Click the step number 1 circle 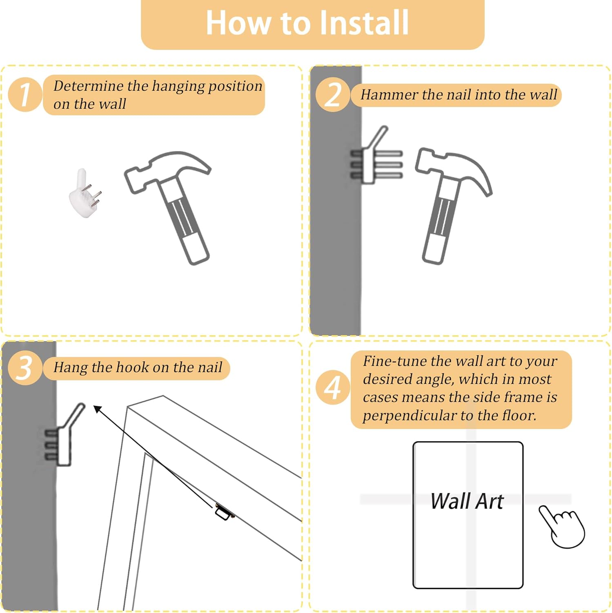click(x=25, y=94)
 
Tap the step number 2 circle click(x=333, y=94)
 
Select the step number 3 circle click(x=25, y=367)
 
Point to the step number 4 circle click(x=333, y=387)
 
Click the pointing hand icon click(x=562, y=526)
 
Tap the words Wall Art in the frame click(x=467, y=501)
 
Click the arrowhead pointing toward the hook click(x=98, y=409)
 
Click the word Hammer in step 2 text click(x=389, y=95)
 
